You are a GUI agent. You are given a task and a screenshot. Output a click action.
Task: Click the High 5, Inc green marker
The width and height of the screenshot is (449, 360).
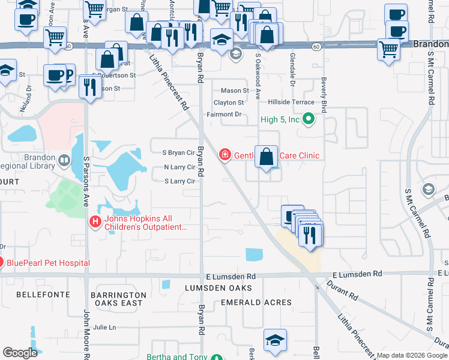pos(309,119)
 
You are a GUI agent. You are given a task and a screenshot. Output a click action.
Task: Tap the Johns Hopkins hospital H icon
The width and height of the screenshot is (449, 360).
pos(94,223)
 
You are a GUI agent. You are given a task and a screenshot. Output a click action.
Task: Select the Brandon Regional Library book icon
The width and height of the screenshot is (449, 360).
pos(64,160)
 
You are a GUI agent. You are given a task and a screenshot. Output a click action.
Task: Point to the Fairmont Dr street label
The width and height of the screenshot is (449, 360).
pos(224,114)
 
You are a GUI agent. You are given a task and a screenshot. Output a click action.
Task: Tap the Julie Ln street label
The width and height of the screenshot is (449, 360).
pos(104,327)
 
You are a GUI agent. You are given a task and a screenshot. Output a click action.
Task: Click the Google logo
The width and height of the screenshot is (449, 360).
pos(20,353)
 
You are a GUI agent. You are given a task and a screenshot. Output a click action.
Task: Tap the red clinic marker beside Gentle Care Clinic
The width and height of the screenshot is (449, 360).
pos(225,155)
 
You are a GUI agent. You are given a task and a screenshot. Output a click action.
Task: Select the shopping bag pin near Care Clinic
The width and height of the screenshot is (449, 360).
pos(267,158)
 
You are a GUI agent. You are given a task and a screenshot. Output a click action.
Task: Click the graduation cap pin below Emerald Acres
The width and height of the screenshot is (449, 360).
pos(274,340)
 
